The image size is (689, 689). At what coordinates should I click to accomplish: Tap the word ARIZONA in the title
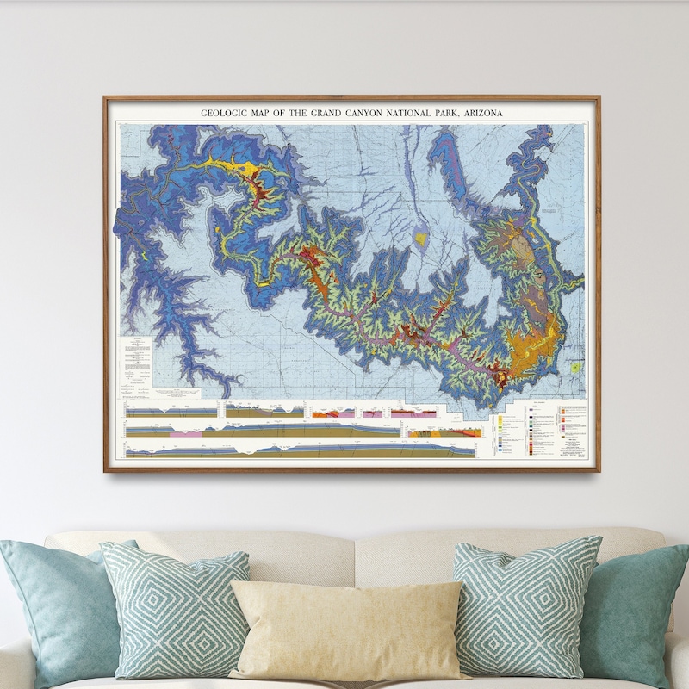coord(482,113)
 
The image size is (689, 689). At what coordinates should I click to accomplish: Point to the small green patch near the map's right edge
coord(575,367)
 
